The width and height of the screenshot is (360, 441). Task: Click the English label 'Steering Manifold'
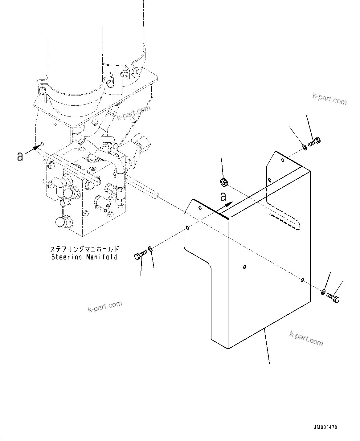click(x=84, y=257)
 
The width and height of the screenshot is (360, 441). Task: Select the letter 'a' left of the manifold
click(x=20, y=156)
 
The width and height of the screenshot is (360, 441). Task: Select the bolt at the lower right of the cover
click(x=333, y=298)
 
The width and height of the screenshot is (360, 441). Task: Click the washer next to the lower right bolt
click(x=323, y=292)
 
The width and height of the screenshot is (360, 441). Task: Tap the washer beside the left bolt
click(x=150, y=249)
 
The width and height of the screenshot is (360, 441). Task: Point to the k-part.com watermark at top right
click(x=329, y=99)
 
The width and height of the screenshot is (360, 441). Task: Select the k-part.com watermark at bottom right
click(x=306, y=338)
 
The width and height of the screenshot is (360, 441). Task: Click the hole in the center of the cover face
click(x=244, y=267)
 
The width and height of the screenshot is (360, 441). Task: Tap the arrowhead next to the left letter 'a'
click(x=37, y=148)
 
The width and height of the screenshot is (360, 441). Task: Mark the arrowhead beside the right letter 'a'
click(x=229, y=204)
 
